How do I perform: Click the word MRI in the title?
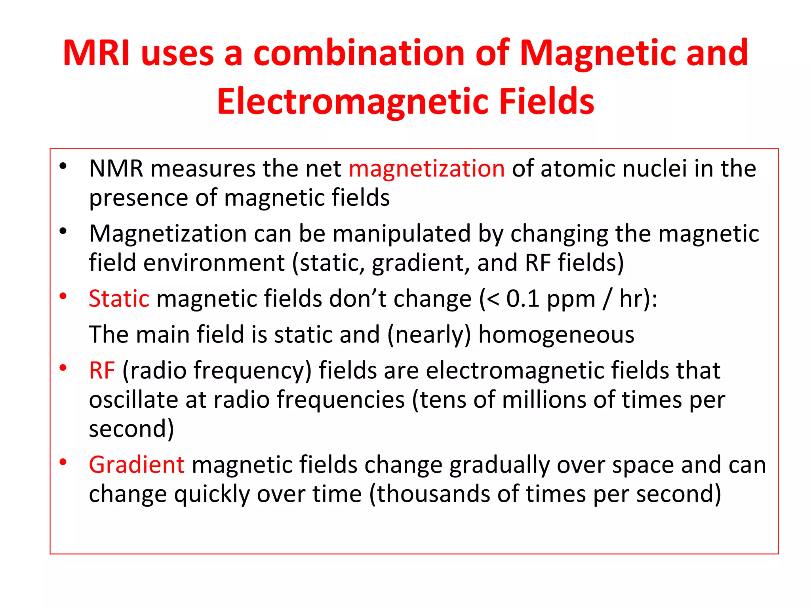pyautogui.click(x=96, y=53)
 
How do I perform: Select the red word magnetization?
pyautogui.click(x=426, y=169)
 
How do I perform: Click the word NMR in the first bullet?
pyautogui.click(x=116, y=169)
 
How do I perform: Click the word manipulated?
pyautogui.click(x=401, y=234)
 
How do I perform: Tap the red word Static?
pyautogui.click(x=119, y=298)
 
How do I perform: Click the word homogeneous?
pyautogui.click(x=556, y=335)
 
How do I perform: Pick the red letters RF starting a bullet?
pyautogui.click(x=102, y=371)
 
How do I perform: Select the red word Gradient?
pyautogui.click(x=137, y=465)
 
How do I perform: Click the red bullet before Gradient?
pyautogui.click(x=63, y=462)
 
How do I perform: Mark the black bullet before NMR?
pyautogui.click(x=63, y=166)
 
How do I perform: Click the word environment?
pyautogui.click(x=214, y=263)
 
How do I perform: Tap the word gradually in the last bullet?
pyautogui.click(x=500, y=465)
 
